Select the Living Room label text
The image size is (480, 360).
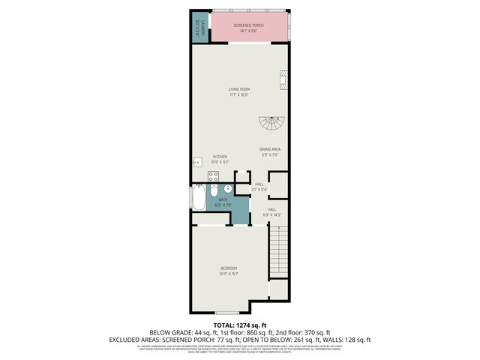click(238, 92)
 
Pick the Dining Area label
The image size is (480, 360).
click(269, 152)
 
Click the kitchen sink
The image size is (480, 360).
click(198, 162)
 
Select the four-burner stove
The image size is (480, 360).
click(213, 177)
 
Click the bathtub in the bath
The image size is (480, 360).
click(199, 199)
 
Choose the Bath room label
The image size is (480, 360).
click(223, 202)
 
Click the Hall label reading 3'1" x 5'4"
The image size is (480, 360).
click(259, 186)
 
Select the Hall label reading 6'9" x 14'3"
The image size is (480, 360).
click(271, 211)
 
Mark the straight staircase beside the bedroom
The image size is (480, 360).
click(278, 251)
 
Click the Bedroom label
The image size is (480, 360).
click(229, 271)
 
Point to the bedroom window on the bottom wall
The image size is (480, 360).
click(226, 312)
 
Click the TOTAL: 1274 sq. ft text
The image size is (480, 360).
click(239, 324)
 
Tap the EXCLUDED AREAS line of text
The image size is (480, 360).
click(239, 339)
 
